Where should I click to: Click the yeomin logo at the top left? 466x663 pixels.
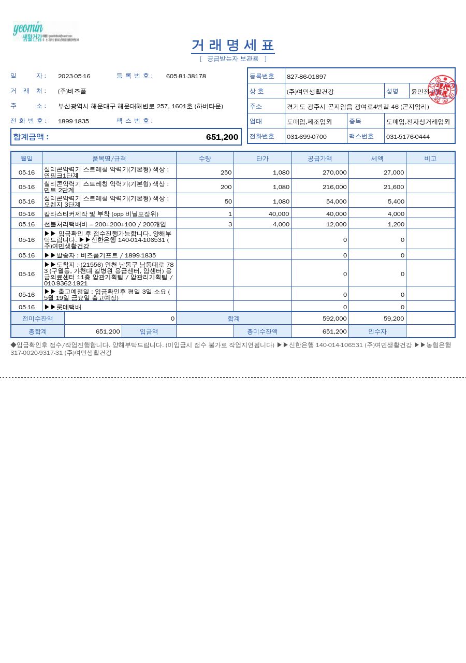[x=45, y=32]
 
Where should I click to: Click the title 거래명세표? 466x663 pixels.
[x=232, y=45]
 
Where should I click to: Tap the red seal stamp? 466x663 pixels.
[x=442, y=90]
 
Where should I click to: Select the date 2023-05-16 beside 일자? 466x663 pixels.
[x=74, y=76]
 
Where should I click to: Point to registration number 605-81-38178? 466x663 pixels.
[x=186, y=76]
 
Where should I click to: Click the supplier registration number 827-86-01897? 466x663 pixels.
[x=307, y=77]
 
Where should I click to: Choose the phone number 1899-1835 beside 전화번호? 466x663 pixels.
[x=74, y=121]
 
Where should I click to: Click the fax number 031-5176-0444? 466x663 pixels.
[x=408, y=137]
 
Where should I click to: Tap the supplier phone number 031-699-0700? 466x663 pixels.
[x=307, y=137]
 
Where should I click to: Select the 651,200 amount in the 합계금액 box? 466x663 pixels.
[x=222, y=137]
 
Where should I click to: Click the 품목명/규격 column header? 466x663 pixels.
[x=109, y=158]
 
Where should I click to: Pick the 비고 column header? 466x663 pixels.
[x=430, y=158]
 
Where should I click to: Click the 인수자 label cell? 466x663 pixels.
[x=377, y=331]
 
